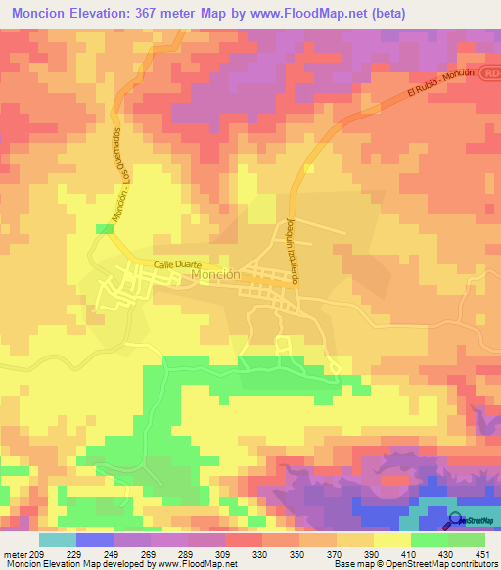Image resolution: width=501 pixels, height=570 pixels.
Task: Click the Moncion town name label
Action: click(x=216, y=276)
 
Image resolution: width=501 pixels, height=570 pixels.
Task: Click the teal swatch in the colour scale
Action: click(x=57, y=540)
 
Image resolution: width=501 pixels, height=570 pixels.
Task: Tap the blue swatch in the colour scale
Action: click(x=94, y=540)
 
